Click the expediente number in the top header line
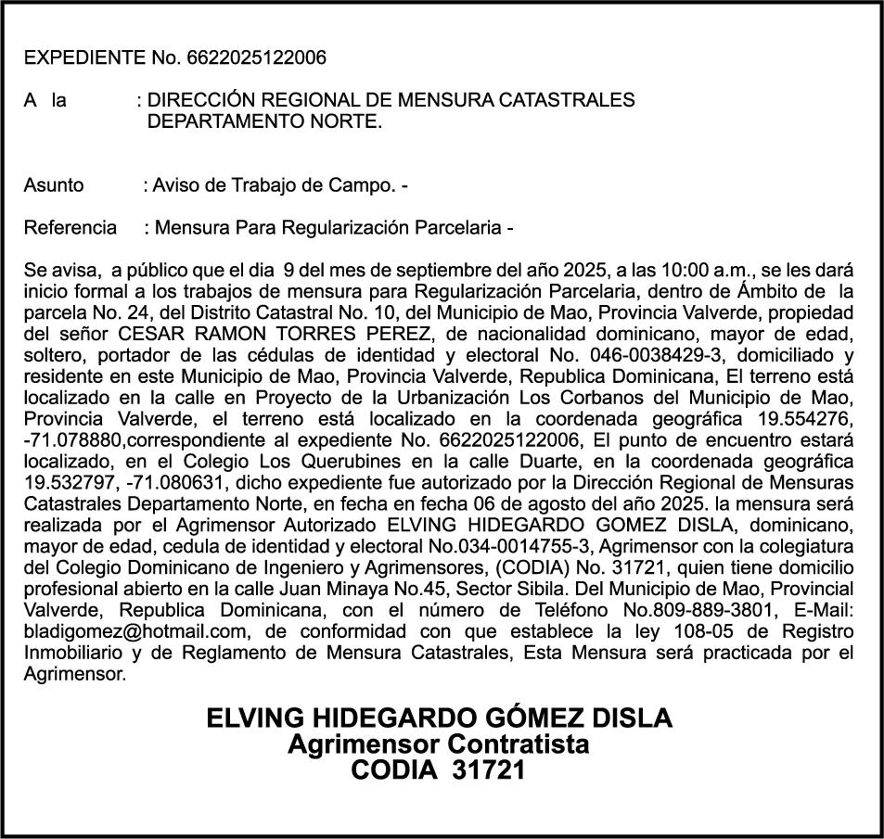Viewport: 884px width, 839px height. coord(256,57)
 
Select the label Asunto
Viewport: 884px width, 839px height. coord(53,184)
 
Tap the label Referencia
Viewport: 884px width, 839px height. coord(70,227)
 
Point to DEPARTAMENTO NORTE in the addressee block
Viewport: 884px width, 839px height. coord(264,121)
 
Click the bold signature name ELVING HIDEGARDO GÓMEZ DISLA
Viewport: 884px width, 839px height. coord(439,718)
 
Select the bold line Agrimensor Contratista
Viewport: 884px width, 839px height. coord(439,744)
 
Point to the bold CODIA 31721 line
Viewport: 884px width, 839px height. coord(439,769)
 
